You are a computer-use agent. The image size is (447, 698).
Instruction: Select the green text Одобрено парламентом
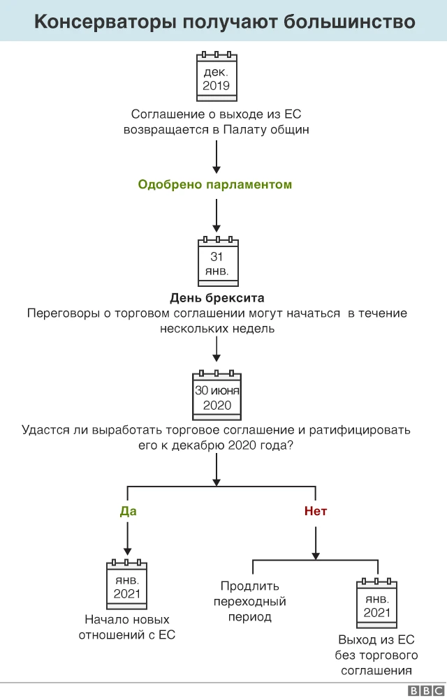(x=215, y=184)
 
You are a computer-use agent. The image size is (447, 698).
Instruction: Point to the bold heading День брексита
(x=217, y=298)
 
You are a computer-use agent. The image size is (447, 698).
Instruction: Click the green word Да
(x=128, y=511)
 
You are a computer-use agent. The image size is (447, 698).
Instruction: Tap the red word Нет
(x=316, y=511)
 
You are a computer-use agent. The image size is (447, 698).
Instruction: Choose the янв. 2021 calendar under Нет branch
(x=376, y=602)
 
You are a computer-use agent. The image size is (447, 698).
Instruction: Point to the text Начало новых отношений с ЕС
(x=127, y=627)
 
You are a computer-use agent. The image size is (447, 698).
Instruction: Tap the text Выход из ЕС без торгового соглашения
(x=376, y=655)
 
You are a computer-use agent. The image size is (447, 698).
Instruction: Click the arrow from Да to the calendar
(x=128, y=539)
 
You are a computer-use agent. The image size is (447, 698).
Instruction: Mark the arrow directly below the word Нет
(x=316, y=543)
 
